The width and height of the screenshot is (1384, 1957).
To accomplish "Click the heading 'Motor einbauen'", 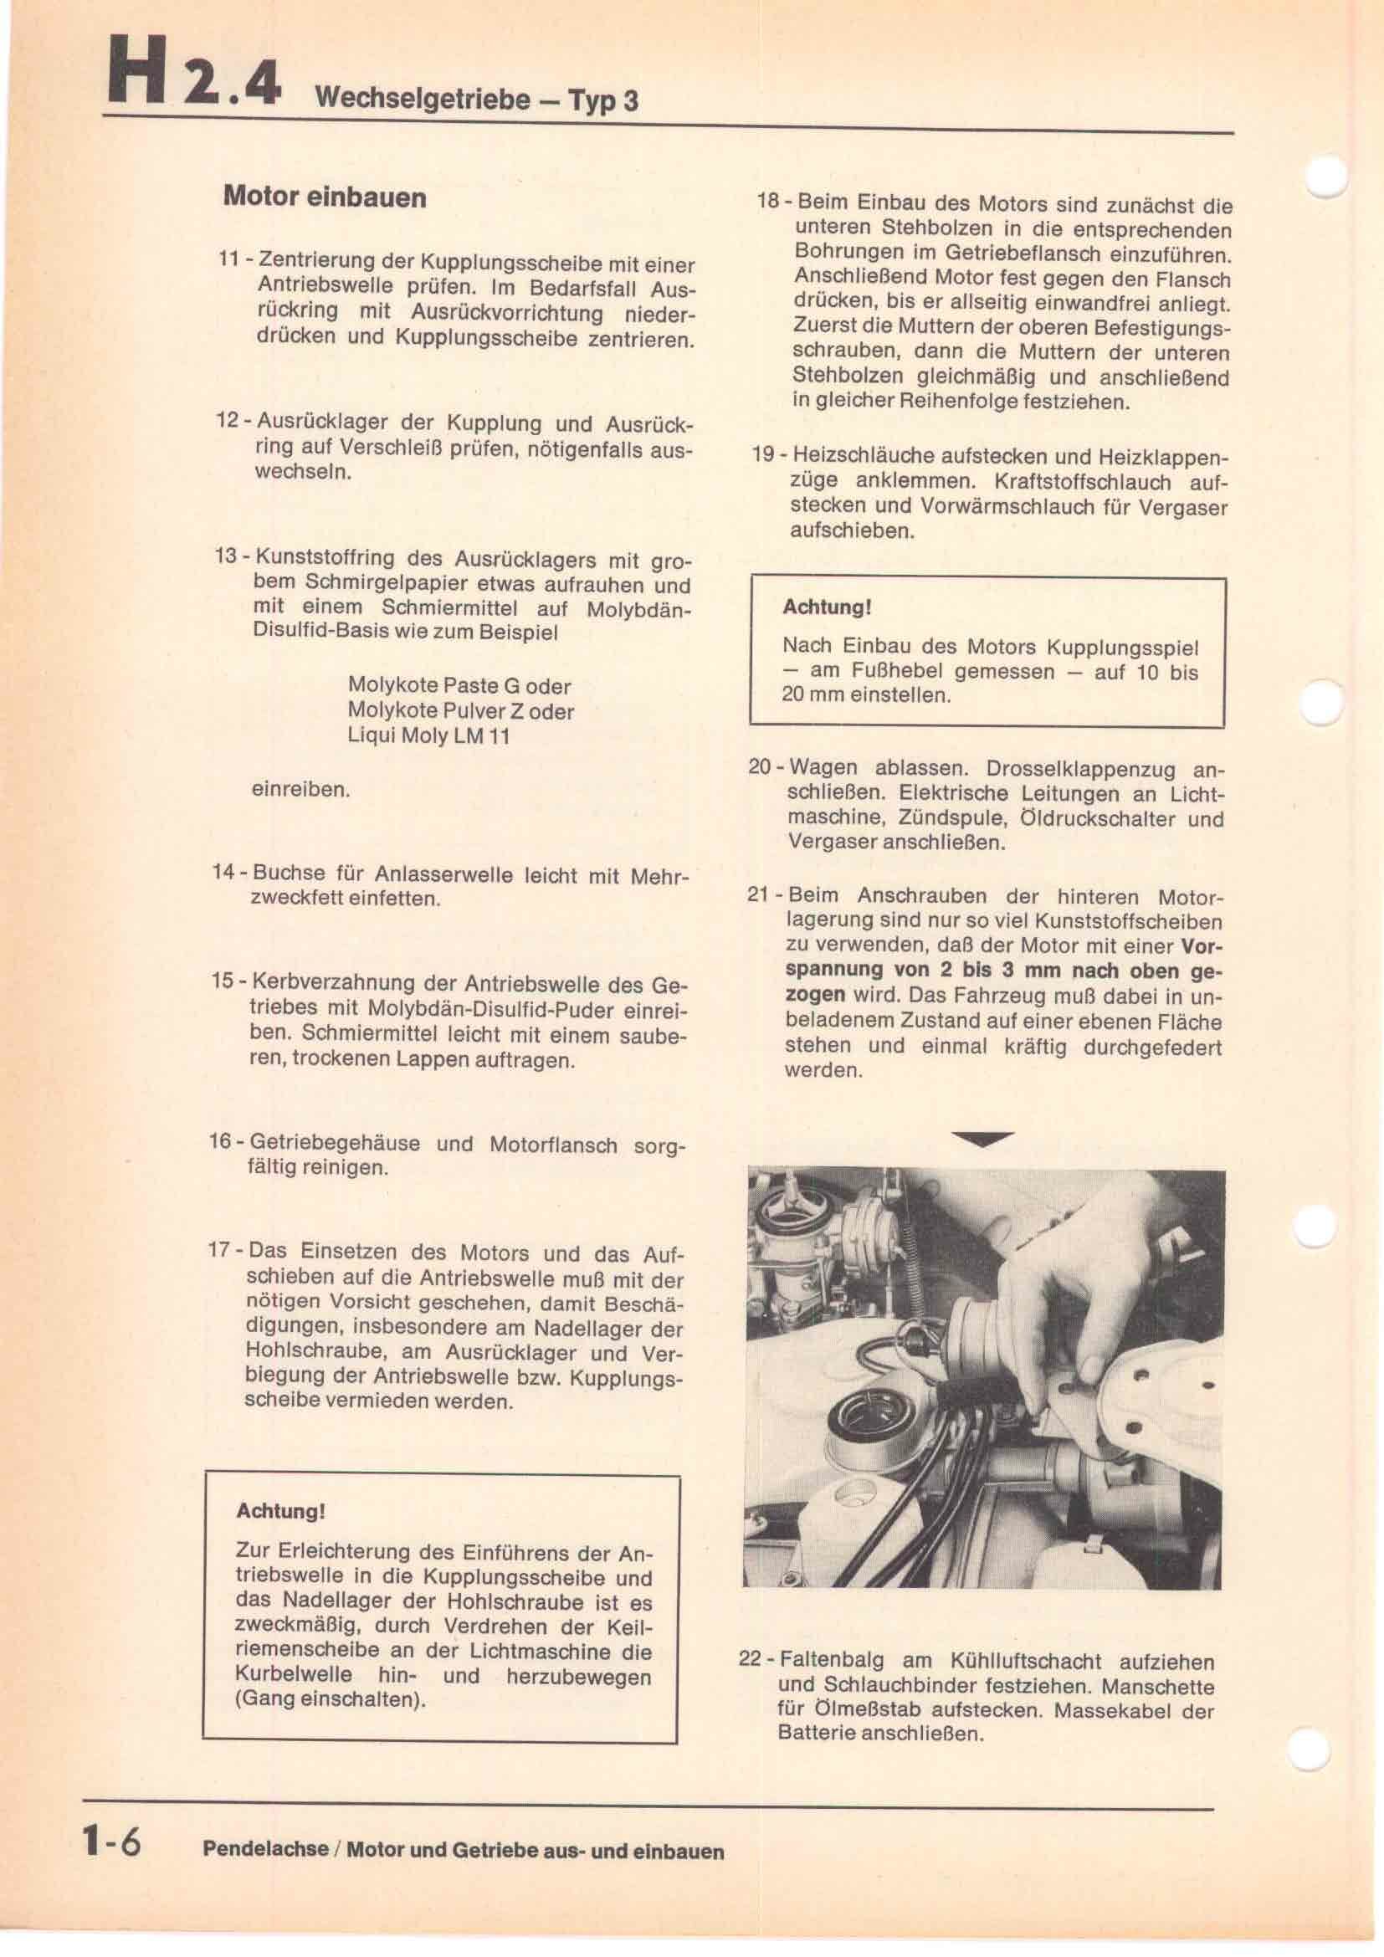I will (324, 197).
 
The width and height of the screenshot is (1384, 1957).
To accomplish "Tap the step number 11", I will (228, 259).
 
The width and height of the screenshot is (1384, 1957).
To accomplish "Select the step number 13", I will (226, 556).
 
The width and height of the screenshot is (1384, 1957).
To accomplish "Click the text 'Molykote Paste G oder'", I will (459, 686).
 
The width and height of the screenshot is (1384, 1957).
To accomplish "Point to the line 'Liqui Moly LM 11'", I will (428, 735).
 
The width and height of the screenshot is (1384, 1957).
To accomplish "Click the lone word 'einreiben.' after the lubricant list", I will (301, 789).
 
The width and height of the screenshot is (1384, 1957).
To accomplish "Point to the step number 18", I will (769, 202).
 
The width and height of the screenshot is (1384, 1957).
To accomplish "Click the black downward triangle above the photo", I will (982, 1139).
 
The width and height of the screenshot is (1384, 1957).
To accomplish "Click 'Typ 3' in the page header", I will (602, 101).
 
